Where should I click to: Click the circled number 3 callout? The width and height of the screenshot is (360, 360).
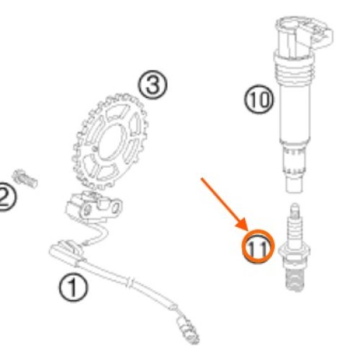(153, 84)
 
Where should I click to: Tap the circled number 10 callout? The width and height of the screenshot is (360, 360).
(258, 99)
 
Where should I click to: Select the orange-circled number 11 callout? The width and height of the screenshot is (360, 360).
(258, 246)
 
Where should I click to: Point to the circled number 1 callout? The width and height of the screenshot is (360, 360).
(73, 288)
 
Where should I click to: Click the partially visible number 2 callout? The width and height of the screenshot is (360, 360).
(6, 197)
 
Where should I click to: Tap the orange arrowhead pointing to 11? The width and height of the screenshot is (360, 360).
(242, 225)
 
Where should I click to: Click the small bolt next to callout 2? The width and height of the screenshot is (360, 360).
(25, 179)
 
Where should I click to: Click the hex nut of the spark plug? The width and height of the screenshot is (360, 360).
(294, 252)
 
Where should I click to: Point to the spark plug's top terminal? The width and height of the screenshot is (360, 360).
(294, 208)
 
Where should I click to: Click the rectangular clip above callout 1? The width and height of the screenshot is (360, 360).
(66, 252)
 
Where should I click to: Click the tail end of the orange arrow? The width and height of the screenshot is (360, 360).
(202, 179)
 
